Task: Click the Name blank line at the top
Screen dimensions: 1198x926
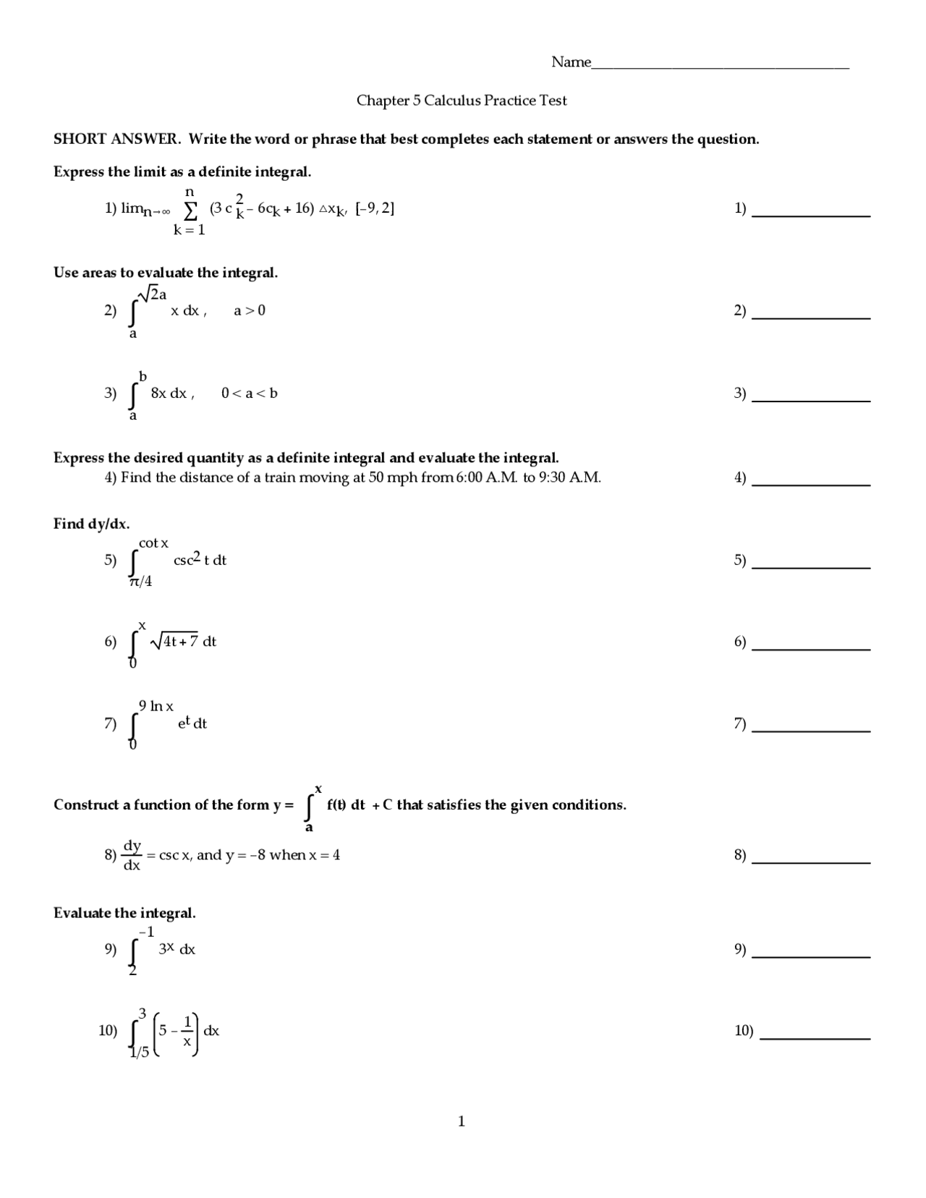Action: point(720,67)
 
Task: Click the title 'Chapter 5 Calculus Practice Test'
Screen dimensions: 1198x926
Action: point(462,101)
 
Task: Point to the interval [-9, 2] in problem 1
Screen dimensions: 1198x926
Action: point(375,208)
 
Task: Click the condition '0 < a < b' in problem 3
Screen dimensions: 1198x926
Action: point(250,394)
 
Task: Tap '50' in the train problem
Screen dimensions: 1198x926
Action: point(376,477)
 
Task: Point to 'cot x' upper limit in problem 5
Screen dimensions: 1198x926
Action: point(153,543)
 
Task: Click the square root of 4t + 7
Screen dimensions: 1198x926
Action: point(174,641)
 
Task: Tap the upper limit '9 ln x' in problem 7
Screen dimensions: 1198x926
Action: point(156,706)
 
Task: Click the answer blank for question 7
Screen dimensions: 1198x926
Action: point(811,731)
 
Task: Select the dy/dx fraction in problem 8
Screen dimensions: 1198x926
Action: point(132,855)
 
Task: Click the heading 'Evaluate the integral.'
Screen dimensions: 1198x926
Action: point(124,913)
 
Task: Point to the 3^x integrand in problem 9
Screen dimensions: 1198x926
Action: point(166,949)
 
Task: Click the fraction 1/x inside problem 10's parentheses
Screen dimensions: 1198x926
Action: point(187,1031)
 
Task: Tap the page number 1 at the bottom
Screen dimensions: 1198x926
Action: point(462,1121)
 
